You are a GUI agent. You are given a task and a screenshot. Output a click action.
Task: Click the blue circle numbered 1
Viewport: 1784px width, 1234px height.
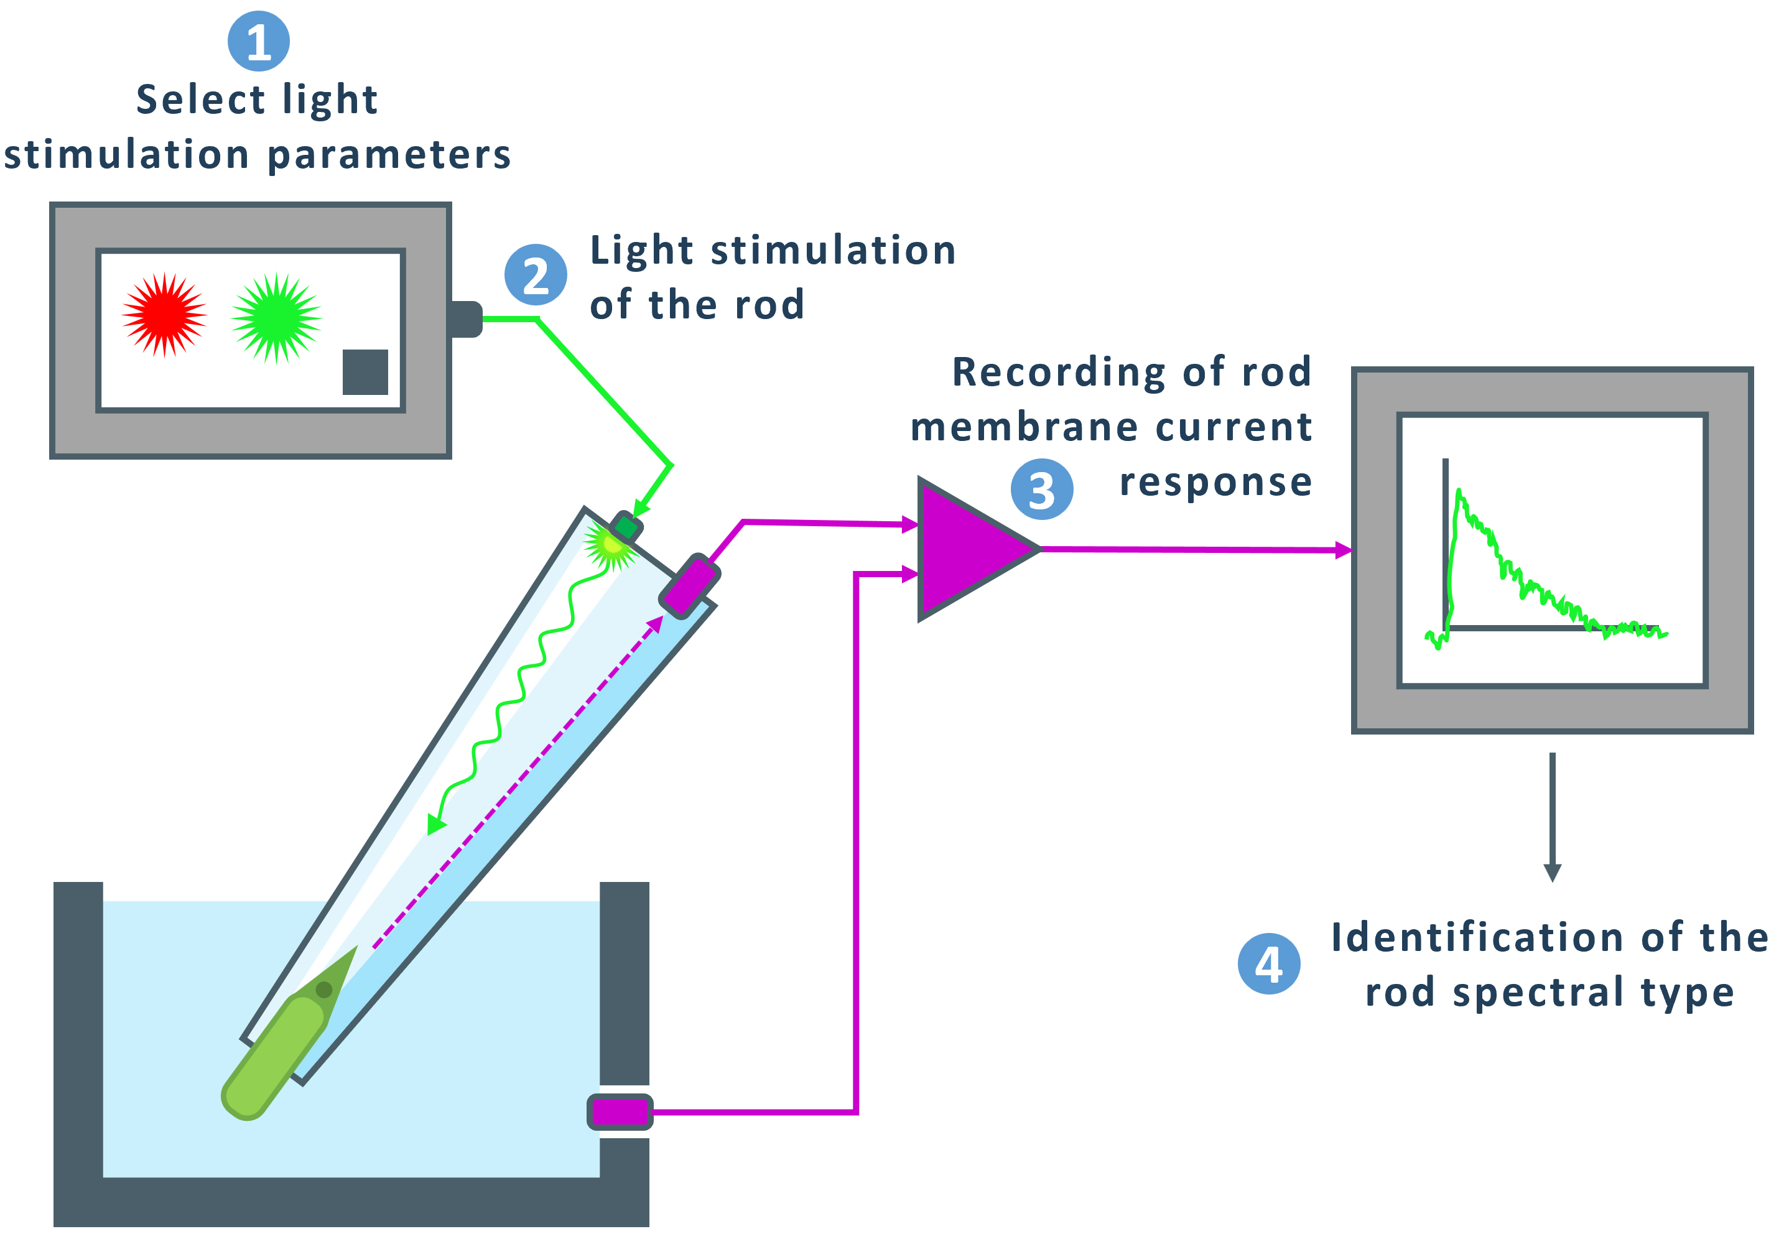tap(258, 41)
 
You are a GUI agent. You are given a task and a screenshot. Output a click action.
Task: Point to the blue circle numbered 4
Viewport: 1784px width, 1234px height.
tap(1268, 963)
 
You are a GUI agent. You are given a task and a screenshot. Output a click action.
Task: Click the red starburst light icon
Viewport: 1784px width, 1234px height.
tap(164, 314)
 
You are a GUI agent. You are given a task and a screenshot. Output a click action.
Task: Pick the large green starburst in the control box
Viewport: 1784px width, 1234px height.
tap(276, 317)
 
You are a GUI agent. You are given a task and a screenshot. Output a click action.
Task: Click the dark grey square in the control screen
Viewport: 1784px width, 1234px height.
tap(365, 372)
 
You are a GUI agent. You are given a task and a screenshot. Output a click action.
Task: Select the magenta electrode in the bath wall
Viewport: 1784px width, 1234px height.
tap(619, 1112)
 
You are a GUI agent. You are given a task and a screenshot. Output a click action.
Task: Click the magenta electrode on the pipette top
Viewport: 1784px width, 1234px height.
tap(689, 585)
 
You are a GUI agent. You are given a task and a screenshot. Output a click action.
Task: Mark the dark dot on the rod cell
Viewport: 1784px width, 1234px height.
tap(324, 990)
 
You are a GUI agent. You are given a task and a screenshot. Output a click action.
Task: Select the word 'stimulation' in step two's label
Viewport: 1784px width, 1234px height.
tap(833, 251)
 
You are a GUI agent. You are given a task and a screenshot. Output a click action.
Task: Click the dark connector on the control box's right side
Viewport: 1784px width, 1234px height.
tap(464, 318)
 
